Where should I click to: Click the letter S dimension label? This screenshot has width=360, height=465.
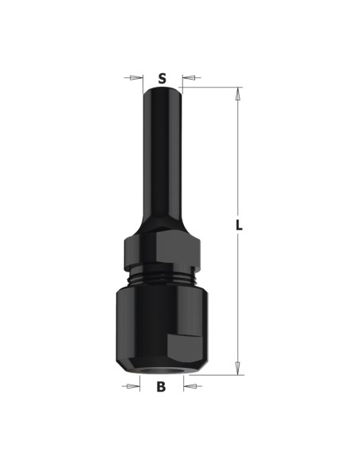coord(162,79)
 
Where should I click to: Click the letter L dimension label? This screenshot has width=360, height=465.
coord(239,225)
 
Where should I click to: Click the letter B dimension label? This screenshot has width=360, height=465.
coord(161,387)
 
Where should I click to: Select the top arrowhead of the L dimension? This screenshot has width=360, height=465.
coord(237,94)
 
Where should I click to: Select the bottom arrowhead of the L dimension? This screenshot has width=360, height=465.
coord(237,369)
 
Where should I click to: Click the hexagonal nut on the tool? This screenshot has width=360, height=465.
coord(162,249)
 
